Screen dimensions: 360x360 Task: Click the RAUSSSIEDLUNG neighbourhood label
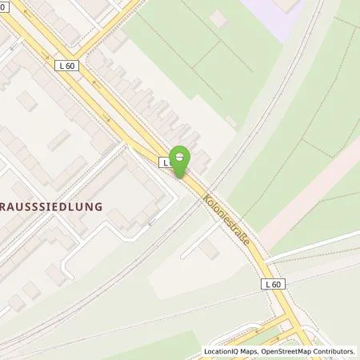coord(52,206)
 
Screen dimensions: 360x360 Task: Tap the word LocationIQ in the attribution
coord(222,351)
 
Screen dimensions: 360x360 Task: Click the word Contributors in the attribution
coord(334,351)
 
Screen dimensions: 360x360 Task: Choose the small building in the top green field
coord(230,121)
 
